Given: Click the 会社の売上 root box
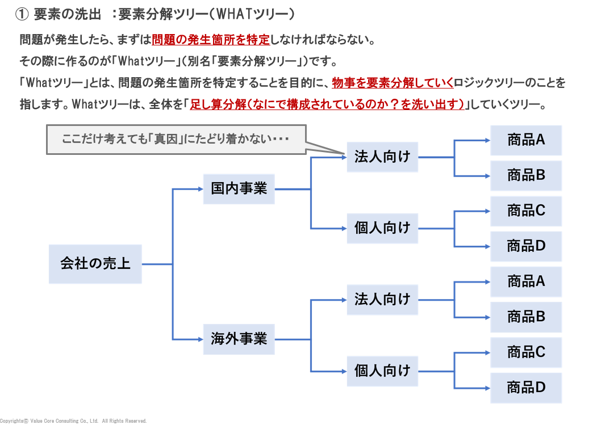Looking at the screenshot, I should tap(95, 264).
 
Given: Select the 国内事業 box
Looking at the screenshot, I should tap(239, 189).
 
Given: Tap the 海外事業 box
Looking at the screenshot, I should tap(239, 339).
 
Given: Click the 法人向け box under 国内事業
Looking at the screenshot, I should tap(382, 157).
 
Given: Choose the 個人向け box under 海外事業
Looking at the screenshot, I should tap(382, 371).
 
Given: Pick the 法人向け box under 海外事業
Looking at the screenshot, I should tap(382, 300).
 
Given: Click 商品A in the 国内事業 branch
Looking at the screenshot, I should tap(526, 140).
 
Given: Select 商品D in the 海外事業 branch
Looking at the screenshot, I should tap(526, 388).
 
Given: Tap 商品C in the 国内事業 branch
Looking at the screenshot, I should tap(526, 211).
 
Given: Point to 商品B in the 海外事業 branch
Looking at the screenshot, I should tap(526, 317).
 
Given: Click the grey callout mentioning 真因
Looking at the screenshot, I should tap(176, 140).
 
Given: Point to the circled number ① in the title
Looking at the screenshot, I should tap(21, 14).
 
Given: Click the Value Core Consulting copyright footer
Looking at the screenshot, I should tap(73, 421).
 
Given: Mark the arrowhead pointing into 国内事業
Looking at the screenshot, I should tap(200, 189).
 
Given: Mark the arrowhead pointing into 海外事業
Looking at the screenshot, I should tap(200, 339).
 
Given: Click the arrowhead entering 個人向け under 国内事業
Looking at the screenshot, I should tap(344, 228).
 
